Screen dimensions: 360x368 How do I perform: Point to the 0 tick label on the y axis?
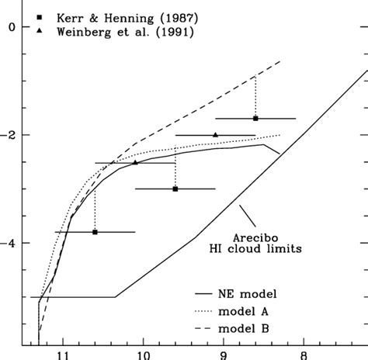[x=12, y=27]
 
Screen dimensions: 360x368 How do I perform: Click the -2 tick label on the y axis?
[x=9, y=135]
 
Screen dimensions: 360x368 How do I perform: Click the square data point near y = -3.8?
[x=95, y=231]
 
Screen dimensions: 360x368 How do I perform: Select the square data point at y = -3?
[x=175, y=189]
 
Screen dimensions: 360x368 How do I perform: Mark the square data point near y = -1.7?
[x=255, y=118]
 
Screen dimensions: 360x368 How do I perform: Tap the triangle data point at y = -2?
[x=215, y=134]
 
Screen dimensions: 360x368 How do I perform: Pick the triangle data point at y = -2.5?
[x=135, y=162]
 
